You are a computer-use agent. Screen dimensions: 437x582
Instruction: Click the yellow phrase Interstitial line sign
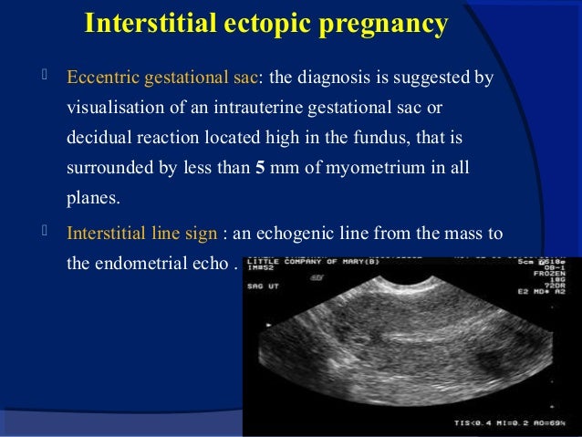click(x=141, y=233)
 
